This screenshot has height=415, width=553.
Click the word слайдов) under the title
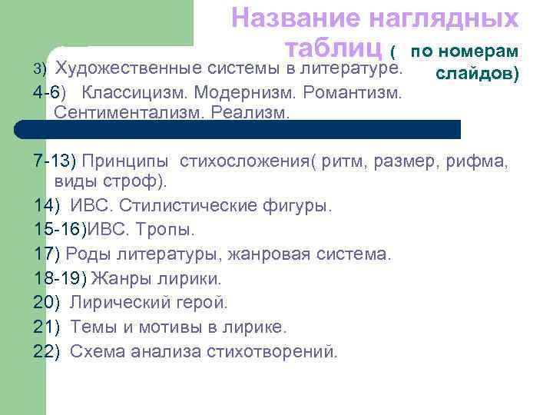[477, 75]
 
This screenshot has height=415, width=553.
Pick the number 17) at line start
[47, 252]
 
